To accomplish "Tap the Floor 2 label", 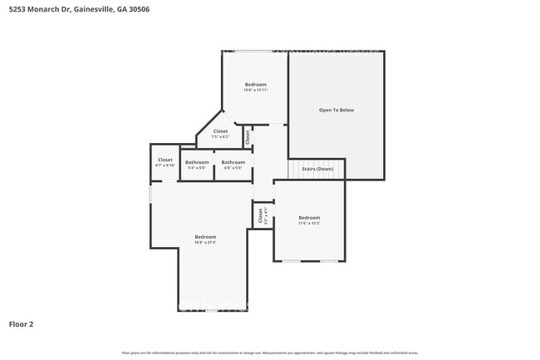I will coord(21,324).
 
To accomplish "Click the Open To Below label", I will coord(336,110).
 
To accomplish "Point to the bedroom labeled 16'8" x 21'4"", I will coord(205,239).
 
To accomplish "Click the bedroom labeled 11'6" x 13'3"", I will coord(309,220).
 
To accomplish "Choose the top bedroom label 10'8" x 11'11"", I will coord(255,86).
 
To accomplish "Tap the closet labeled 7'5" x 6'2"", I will coord(220,133).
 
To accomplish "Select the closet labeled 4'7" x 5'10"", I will coord(165,162).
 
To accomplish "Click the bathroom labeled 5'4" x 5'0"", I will coord(197,165).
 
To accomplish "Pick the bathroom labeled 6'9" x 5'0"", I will coord(233,165).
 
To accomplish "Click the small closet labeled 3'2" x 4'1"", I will coord(262,215).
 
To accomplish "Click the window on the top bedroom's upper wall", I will coord(255,52).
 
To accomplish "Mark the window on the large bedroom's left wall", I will coord(150,193).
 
